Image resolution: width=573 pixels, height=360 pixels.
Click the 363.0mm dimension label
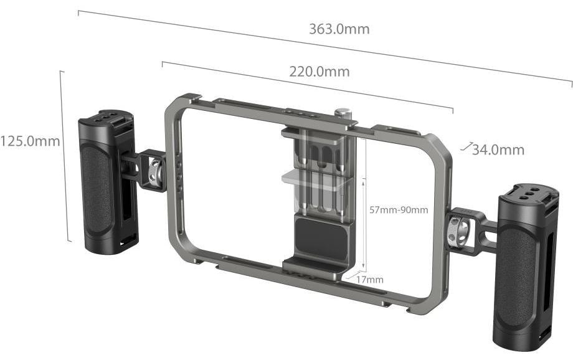click(x=339, y=29)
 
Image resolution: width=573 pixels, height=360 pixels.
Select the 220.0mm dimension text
click(x=320, y=71)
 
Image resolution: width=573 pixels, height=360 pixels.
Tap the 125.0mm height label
click(x=30, y=141)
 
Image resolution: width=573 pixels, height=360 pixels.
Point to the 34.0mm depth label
click(x=498, y=149)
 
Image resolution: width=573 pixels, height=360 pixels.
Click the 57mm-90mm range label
click(x=399, y=210)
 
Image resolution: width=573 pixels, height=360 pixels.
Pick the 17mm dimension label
click(x=370, y=280)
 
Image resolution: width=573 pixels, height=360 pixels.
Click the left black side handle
click(x=108, y=182)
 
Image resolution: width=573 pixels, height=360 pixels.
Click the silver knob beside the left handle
click(x=155, y=171)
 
